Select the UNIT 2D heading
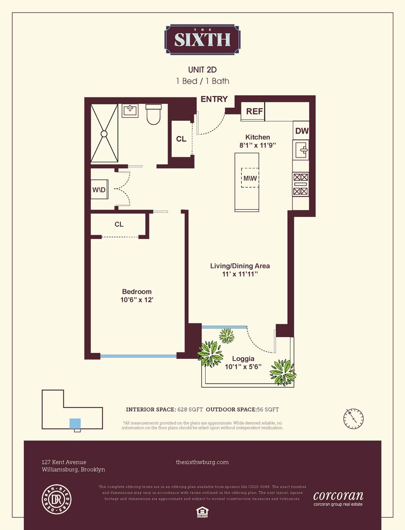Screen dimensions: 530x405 point(202,69)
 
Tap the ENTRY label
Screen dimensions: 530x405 point(214,99)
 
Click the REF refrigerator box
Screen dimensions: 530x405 point(253,112)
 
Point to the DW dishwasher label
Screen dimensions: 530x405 point(301,131)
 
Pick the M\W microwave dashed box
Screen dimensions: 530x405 point(249,179)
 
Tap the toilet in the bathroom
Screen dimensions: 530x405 point(153,114)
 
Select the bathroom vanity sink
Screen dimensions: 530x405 point(130,111)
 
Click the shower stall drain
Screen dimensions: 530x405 point(104,133)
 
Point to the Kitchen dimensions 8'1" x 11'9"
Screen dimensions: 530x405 point(257,145)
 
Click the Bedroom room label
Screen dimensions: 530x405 point(137,291)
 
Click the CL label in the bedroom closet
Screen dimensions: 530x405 point(119,224)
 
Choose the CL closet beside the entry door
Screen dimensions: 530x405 point(181,139)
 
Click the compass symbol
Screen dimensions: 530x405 point(353,418)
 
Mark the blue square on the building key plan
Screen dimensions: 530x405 point(76,423)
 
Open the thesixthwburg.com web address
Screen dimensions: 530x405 point(202,462)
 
